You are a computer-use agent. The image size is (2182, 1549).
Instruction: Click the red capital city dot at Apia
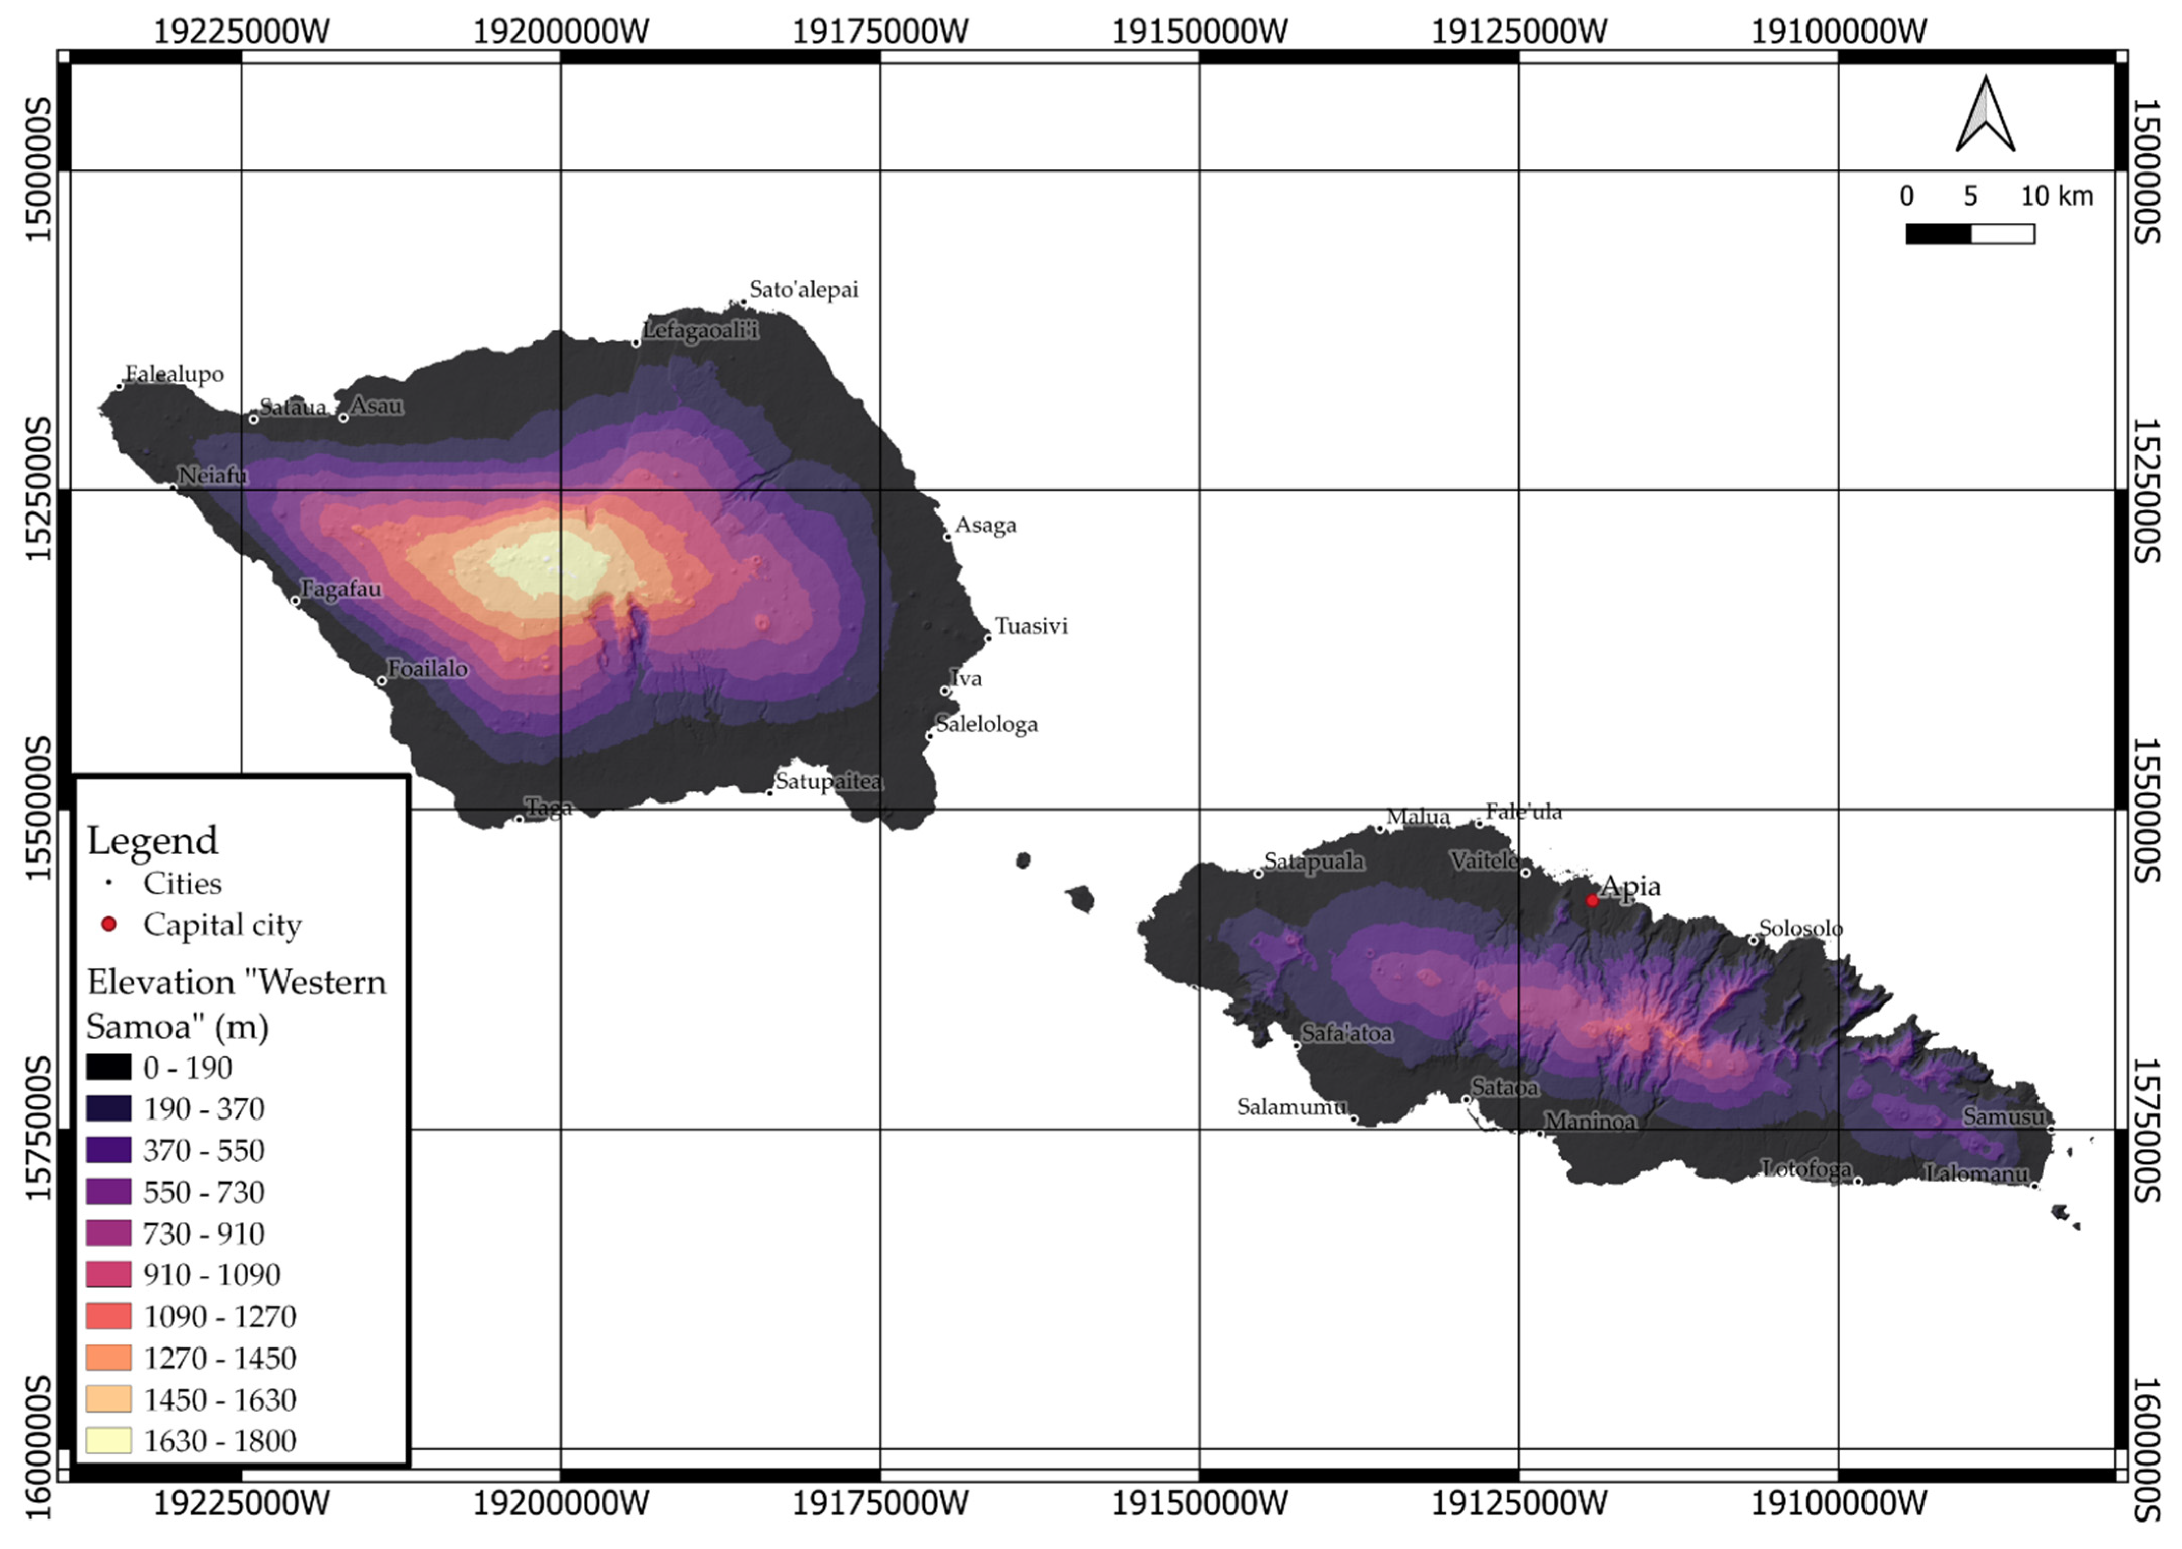tap(1592, 900)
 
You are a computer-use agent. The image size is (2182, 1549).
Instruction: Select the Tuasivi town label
tap(1031, 626)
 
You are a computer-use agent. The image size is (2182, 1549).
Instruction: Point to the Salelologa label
tap(986, 724)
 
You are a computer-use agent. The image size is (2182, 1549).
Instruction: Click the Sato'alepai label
tap(803, 289)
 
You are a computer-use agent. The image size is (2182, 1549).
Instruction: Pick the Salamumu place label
tap(1291, 1106)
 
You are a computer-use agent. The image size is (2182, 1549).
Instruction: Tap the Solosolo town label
tap(1799, 927)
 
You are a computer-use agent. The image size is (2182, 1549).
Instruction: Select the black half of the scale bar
tap(1938, 234)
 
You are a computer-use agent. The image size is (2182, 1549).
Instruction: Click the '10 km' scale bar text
tap(2056, 196)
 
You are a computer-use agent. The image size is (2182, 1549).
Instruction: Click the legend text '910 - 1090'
tap(212, 1274)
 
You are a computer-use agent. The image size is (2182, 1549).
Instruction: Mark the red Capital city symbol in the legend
tap(109, 923)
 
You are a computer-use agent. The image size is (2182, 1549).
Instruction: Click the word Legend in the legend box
tap(153, 840)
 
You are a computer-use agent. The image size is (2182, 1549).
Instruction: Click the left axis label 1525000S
tap(38, 490)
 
